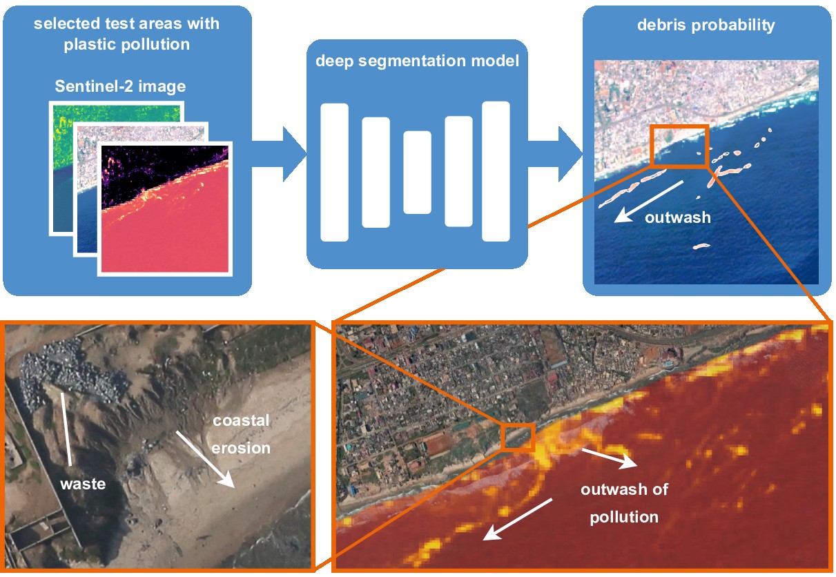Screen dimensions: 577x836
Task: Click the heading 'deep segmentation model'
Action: tap(417, 61)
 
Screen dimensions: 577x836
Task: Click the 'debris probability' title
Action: tap(706, 26)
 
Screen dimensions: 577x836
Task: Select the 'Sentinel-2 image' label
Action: tap(120, 87)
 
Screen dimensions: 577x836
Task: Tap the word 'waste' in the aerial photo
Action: tap(83, 484)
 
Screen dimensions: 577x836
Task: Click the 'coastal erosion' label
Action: tap(241, 434)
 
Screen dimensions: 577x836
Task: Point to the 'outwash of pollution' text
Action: tap(624, 503)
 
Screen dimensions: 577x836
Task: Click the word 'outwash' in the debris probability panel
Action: tap(677, 217)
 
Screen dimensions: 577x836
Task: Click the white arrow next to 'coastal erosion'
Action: tap(206, 458)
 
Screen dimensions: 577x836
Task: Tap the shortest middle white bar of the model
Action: tap(417, 172)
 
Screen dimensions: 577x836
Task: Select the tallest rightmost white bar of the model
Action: tap(496, 171)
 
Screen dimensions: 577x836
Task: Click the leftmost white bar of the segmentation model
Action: tap(335, 172)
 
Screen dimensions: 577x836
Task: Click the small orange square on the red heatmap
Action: tap(518, 437)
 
